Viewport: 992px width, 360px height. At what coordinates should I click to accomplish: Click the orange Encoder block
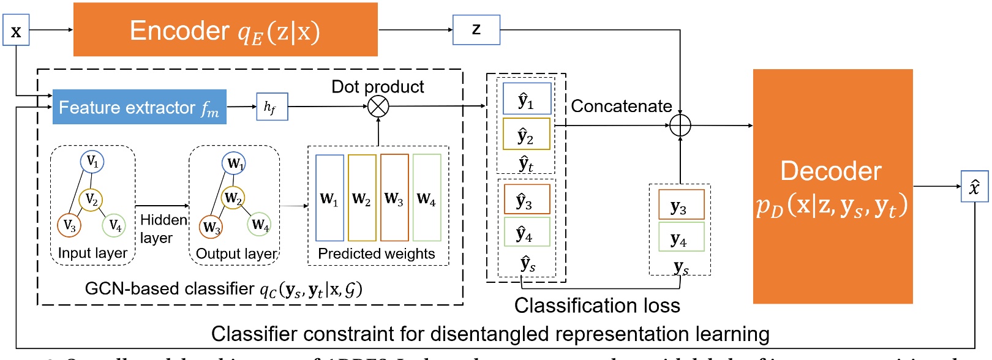point(225,30)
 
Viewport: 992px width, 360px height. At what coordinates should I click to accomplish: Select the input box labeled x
point(16,31)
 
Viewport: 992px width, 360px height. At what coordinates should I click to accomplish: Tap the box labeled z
point(476,30)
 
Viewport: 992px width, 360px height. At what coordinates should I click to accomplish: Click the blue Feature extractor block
point(139,107)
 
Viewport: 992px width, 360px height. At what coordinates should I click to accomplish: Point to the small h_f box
point(272,107)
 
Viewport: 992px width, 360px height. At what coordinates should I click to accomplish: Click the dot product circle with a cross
point(378,107)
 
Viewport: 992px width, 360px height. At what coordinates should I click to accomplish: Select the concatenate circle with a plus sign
point(680,126)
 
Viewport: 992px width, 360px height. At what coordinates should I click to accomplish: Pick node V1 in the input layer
point(92,162)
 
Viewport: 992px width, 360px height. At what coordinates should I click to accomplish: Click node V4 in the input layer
point(115,225)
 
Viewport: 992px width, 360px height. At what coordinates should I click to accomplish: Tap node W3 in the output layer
point(211,227)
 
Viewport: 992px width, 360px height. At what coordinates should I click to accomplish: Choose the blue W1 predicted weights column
point(329,198)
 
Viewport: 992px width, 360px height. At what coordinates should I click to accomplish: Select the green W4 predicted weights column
point(427,198)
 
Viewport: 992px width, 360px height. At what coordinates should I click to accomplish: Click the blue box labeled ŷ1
point(527,100)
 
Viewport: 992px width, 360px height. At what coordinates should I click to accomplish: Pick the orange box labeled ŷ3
point(527,200)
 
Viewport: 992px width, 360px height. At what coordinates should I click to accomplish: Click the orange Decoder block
point(832,187)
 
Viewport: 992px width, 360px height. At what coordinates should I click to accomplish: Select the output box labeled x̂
point(974,187)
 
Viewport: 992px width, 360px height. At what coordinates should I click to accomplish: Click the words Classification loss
point(597,306)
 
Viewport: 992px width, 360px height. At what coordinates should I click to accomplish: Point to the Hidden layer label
point(163,228)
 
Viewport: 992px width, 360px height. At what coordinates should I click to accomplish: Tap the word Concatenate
point(621,107)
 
